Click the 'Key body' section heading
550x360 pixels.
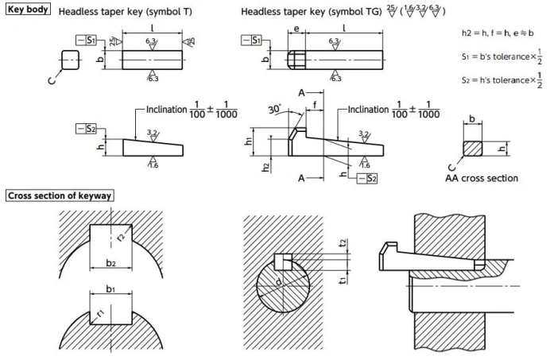pos(29,10)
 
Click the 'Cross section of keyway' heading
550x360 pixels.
pos(60,195)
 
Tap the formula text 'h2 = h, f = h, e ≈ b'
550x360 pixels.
pos(498,33)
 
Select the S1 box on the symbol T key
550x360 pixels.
pos(87,40)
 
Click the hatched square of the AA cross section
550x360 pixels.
pos(471,149)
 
